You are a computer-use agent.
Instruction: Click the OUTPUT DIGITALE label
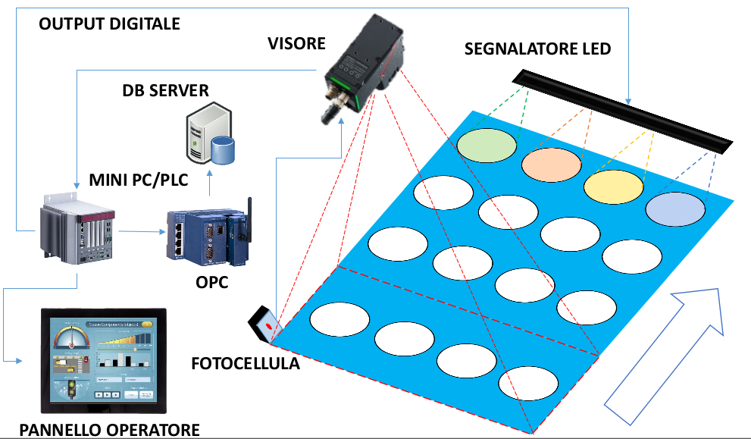click(109, 24)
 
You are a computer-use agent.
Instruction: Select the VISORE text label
click(296, 43)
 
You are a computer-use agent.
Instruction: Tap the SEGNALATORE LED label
click(538, 50)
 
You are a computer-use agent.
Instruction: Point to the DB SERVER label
click(165, 91)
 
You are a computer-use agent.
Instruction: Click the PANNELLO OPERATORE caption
click(109, 430)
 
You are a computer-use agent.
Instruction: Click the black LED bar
click(621, 111)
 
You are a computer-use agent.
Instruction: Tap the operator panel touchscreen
click(105, 362)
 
